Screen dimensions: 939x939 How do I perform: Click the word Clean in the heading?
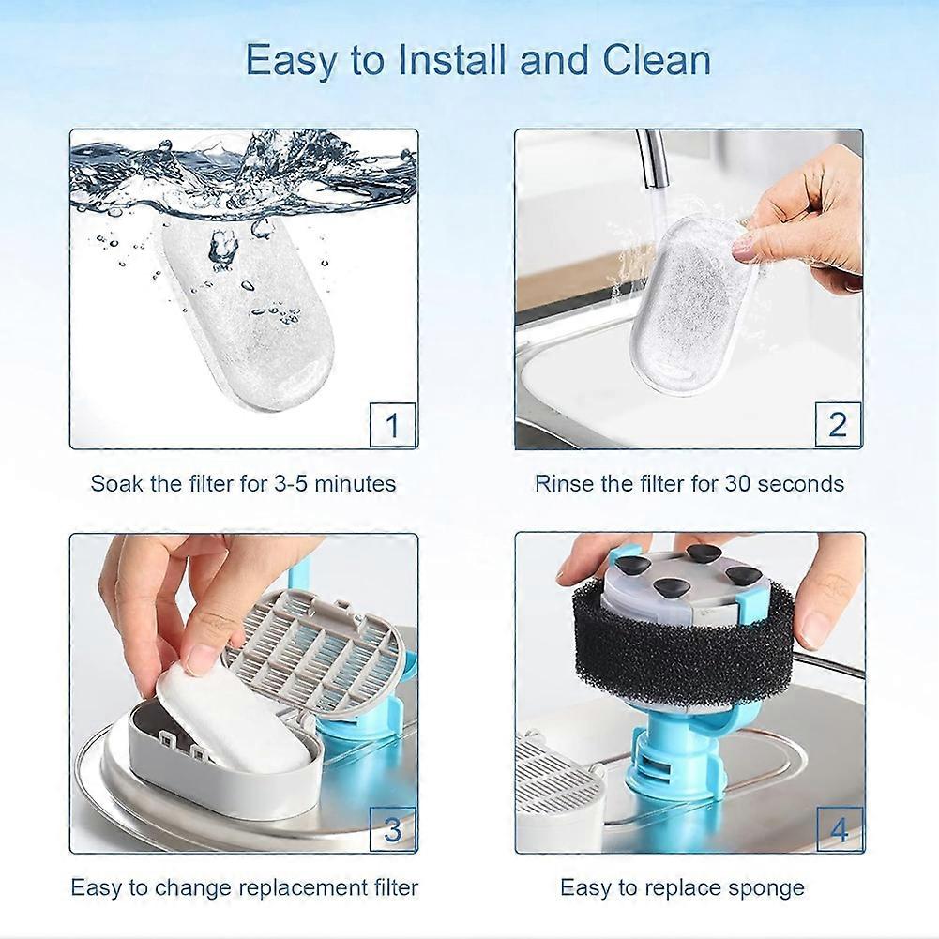657,60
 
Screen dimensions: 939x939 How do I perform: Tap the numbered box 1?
393,425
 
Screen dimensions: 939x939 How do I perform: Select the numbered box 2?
838,425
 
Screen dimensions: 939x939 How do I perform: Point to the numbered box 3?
393,829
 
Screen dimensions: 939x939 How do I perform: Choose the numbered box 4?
840,829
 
